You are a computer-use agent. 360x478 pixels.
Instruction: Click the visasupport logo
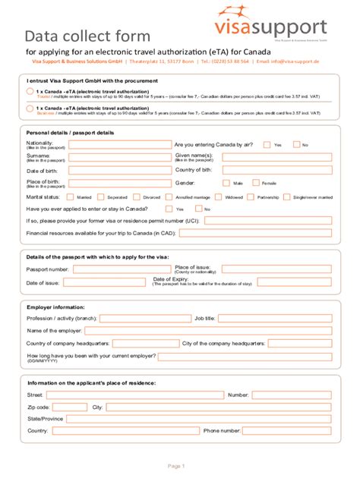point(280,22)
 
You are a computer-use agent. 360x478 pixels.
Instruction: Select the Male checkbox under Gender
point(226,183)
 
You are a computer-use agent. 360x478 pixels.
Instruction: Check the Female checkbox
point(255,183)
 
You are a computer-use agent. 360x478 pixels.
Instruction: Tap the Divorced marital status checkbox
point(137,197)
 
